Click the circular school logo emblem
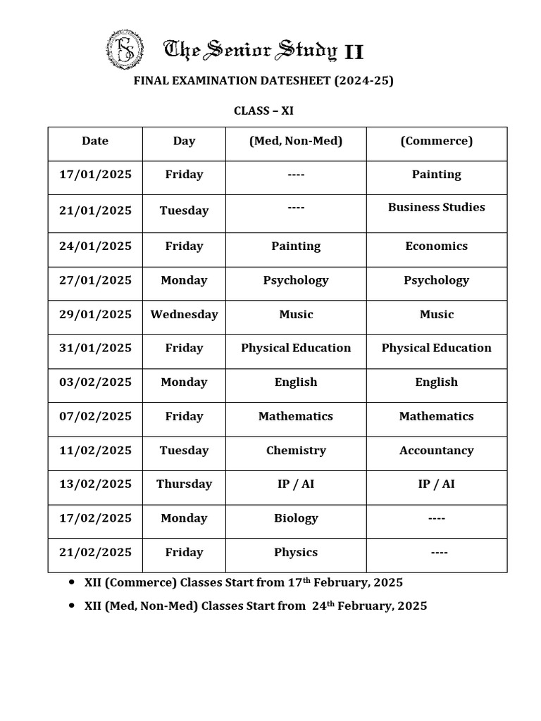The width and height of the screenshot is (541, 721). click(125, 50)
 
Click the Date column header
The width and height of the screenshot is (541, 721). click(95, 141)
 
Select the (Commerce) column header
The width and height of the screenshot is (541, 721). click(436, 141)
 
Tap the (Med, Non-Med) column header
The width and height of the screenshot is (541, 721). click(296, 141)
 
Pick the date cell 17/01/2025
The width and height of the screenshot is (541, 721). click(95, 175)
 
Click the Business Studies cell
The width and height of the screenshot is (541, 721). click(436, 207)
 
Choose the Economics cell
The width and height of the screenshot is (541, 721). click(436, 246)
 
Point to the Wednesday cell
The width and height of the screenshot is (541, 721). click(184, 314)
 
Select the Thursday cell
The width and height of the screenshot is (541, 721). click(184, 484)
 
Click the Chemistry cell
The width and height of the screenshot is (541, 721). click(296, 450)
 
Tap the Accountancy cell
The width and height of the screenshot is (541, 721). click(436, 450)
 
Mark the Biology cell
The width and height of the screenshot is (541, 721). click(296, 518)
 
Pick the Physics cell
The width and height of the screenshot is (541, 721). click(296, 552)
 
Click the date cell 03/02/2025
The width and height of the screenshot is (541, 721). click(95, 382)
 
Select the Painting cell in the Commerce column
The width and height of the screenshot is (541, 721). click(436, 175)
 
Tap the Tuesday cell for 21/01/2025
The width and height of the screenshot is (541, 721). click(184, 211)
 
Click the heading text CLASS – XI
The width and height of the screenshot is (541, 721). click(263, 111)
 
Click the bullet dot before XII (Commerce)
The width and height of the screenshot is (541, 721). click(73, 582)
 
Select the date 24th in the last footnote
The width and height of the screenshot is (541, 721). click(323, 606)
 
